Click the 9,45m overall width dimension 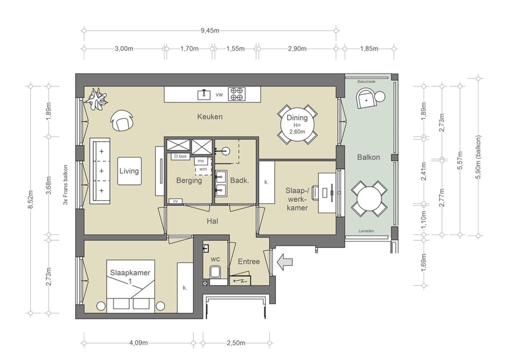[x=210, y=30]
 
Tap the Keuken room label [x=210, y=116]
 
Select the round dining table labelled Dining [x=297, y=124]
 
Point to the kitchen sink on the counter [x=204, y=94]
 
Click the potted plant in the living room [x=96, y=98]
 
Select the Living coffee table [x=129, y=171]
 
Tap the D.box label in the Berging [x=180, y=156]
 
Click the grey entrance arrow [x=285, y=261]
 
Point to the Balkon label [x=368, y=157]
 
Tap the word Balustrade [x=366, y=81]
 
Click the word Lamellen [x=366, y=231]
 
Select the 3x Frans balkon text [x=66, y=185]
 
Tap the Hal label [x=212, y=221]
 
